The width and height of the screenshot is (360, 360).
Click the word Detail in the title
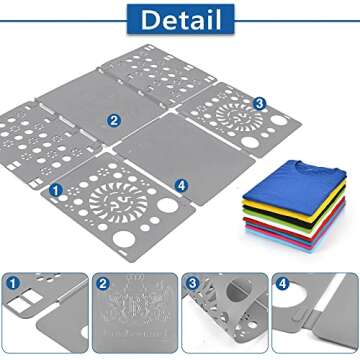(180, 18)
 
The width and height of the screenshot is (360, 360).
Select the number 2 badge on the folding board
(115, 121)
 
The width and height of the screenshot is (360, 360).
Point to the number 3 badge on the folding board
(259, 103)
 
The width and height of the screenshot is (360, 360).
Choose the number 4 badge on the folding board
(181, 185)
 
